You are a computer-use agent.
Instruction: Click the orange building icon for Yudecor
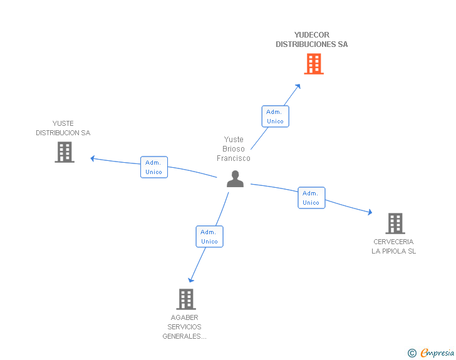pyautogui.click(x=314, y=64)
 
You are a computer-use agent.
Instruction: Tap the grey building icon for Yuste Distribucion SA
pyautogui.click(x=65, y=152)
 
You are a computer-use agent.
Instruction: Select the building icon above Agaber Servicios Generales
pyautogui.click(x=186, y=299)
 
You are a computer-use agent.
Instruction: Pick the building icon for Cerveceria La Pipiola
pyautogui.click(x=395, y=224)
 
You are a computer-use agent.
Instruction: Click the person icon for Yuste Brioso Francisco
pyautogui.click(x=235, y=179)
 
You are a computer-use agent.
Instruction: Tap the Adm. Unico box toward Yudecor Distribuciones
pyautogui.click(x=275, y=116)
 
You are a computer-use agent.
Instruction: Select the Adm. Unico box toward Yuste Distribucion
pyautogui.click(x=154, y=167)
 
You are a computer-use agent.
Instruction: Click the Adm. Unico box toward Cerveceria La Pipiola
pyautogui.click(x=311, y=198)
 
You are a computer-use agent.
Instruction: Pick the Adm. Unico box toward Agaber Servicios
pyautogui.click(x=209, y=237)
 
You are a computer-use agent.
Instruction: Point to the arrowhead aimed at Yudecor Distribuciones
pyautogui.click(x=298, y=86)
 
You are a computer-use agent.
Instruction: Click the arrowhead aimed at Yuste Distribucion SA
pyautogui.click(x=93, y=158)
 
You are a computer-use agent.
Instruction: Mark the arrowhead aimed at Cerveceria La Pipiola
pyautogui.click(x=370, y=212)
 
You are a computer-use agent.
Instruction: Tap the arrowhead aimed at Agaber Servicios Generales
pyautogui.click(x=190, y=280)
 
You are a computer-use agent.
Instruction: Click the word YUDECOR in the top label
pyautogui.click(x=312, y=35)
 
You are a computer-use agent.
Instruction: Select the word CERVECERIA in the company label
pyautogui.click(x=393, y=242)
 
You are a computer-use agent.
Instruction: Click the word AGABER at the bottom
pyautogui.click(x=184, y=317)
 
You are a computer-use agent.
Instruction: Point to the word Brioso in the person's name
pyautogui.click(x=234, y=149)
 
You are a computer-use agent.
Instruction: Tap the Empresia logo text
pyautogui.click(x=437, y=353)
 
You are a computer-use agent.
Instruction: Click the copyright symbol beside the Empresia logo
pyautogui.click(x=412, y=353)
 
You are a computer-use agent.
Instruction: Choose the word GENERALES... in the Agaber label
pyautogui.click(x=184, y=336)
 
